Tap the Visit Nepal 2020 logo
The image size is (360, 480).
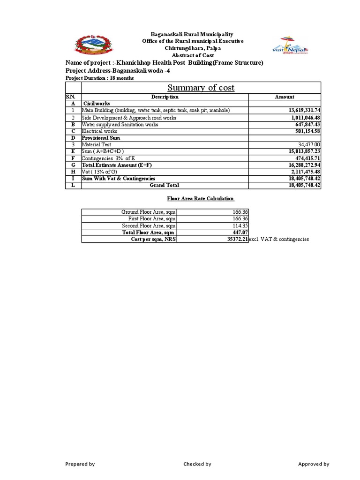[291, 45]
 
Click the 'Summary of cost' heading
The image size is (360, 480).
[201, 88]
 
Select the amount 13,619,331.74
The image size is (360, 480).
[301, 110]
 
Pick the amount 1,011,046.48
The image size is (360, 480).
[304, 118]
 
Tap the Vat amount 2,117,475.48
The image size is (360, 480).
[304, 172]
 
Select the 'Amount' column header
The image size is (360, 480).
[285, 97]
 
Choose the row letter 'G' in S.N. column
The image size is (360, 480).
[73, 165]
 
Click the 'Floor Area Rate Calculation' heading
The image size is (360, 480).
[201, 199]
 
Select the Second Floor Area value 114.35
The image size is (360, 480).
[240, 225]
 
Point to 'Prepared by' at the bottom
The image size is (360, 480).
[80, 464]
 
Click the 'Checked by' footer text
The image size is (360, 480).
[197, 464]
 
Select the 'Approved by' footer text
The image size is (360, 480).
[314, 464]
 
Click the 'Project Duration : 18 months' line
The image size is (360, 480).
[99, 78]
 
